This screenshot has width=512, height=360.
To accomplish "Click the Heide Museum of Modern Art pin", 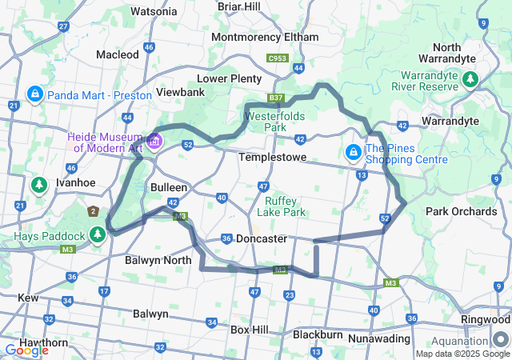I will pos(154,142).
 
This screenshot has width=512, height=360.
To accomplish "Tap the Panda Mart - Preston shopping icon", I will pos(34,95).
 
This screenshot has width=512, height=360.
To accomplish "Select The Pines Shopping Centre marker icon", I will pos(353,151).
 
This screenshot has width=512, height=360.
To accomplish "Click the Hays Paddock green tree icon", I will pos(98,234).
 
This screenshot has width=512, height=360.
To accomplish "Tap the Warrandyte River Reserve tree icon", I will pos(470,79).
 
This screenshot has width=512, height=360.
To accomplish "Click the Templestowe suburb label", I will pos(272,158).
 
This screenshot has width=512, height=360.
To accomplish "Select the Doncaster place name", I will pos(262,238).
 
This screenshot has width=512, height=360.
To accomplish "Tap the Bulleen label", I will pos(169,186).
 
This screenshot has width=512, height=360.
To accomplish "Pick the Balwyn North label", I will pos(158,260).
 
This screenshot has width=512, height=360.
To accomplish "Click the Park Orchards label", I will pos(461,211).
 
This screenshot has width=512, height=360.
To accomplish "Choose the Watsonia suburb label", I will pos(154,11).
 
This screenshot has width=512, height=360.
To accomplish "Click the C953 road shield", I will pos(278,58).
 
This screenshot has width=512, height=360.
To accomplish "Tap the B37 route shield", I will pos(276,98).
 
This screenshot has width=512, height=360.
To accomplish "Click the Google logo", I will pos(26,350).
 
